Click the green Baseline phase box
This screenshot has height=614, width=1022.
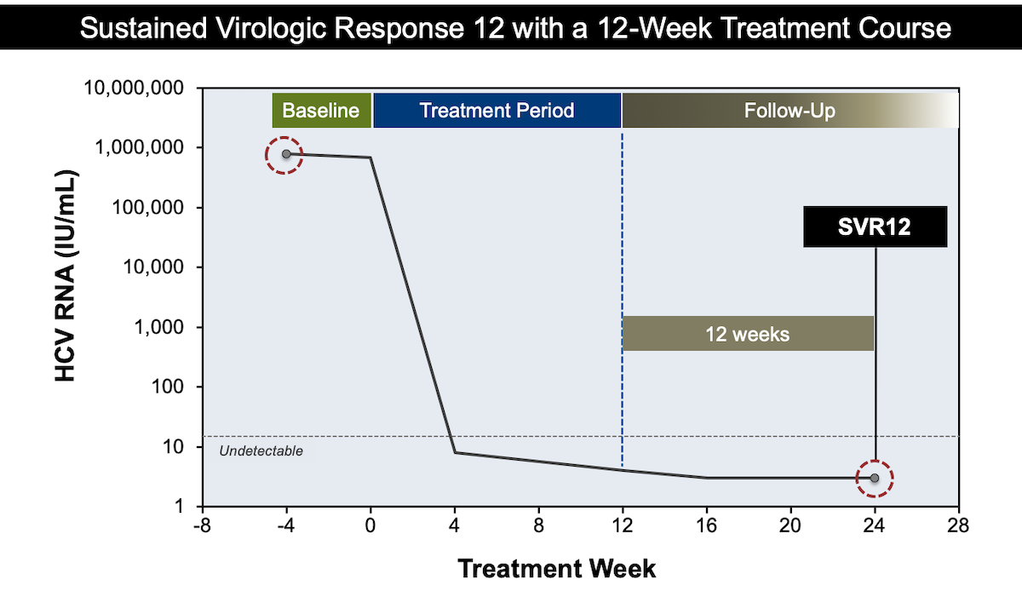click(x=322, y=111)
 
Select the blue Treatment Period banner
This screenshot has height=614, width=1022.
click(x=497, y=111)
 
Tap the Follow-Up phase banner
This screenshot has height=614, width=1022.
click(x=789, y=111)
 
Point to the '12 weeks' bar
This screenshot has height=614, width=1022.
click(x=748, y=333)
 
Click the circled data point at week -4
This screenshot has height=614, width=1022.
click(x=286, y=154)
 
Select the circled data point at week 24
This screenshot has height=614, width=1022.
click(x=875, y=478)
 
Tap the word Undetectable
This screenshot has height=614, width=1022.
click(x=261, y=451)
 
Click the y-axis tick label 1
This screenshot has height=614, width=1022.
click(x=181, y=507)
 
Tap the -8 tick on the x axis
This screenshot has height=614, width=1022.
click(x=202, y=526)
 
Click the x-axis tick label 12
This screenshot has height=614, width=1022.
click(x=623, y=526)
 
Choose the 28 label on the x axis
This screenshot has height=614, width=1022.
click(x=959, y=526)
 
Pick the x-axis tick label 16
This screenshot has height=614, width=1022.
click(x=706, y=526)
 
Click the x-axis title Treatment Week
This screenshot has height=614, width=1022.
click(x=557, y=568)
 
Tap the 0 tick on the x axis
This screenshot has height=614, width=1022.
click(x=370, y=526)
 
